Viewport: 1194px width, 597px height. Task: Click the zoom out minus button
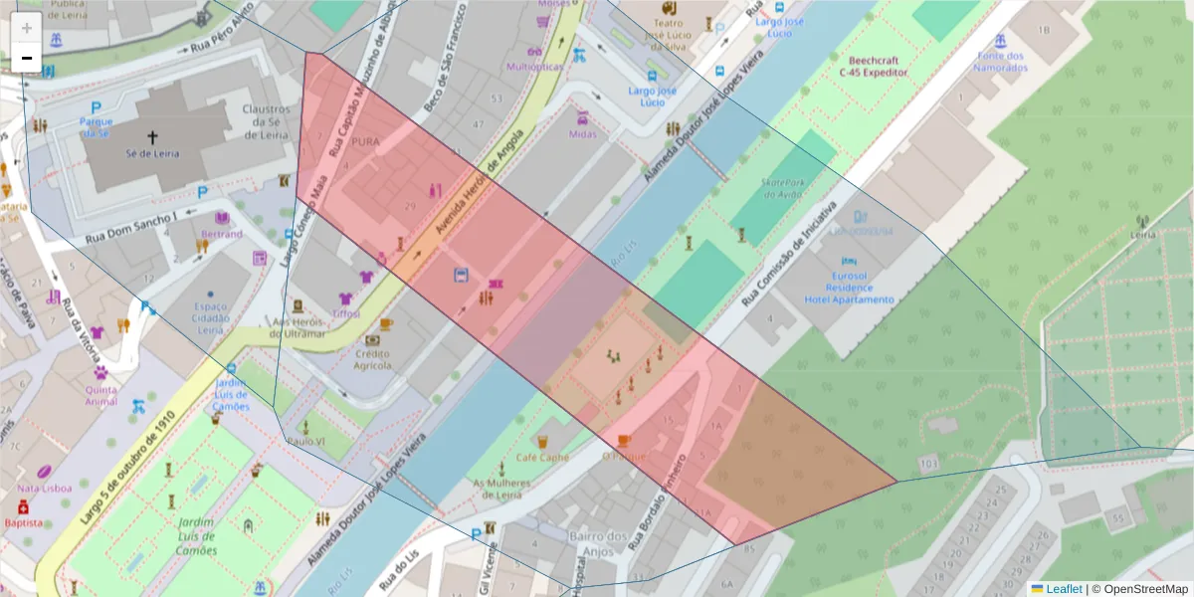tap(27, 58)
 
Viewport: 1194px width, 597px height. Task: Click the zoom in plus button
tap(27, 28)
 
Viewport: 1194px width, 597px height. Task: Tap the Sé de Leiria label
tap(151, 154)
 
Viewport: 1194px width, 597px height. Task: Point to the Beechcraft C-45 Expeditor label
tap(874, 67)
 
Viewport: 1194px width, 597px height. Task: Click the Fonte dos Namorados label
tap(1000, 62)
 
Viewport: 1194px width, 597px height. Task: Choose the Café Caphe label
tap(541, 457)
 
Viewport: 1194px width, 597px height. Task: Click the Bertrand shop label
tap(221, 234)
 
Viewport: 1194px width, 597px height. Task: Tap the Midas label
tap(582, 134)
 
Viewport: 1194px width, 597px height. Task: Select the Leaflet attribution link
tap(1063, 589)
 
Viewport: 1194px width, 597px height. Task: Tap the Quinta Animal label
tap(100, 395)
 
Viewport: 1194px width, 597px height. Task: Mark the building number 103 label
tap(929, 464)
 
